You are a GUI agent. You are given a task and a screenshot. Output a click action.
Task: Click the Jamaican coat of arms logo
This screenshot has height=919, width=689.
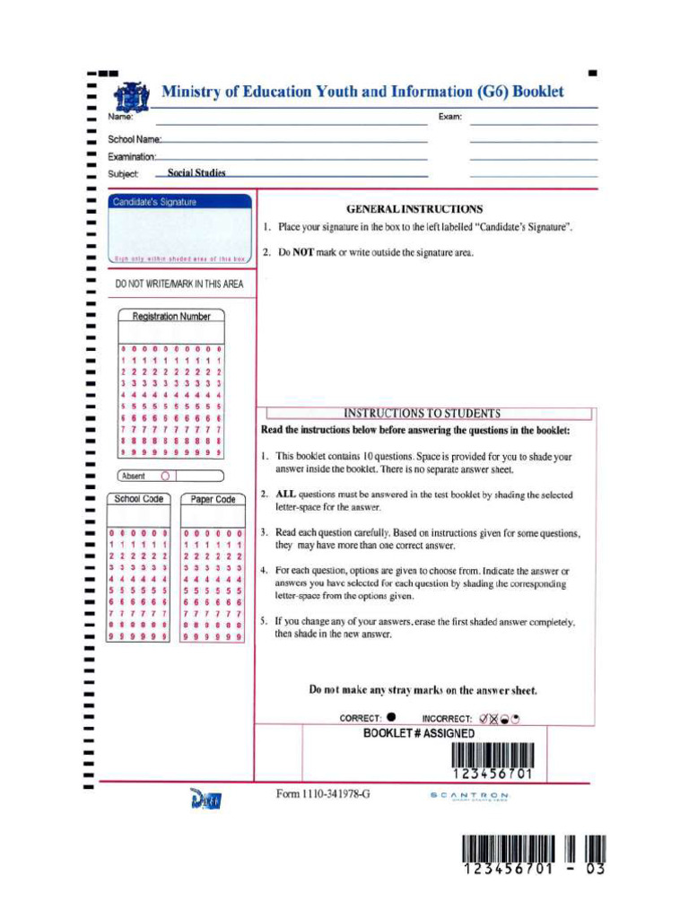128,95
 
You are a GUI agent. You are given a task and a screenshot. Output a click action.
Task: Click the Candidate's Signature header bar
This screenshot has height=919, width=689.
179,202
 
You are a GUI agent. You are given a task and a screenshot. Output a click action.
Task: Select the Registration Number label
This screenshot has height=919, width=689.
171,317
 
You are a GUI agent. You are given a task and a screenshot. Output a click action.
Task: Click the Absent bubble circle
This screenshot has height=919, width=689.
165,476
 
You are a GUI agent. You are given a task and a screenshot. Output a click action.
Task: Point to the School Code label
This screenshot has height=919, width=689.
139,499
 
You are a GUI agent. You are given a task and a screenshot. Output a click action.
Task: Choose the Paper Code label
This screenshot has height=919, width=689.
214,500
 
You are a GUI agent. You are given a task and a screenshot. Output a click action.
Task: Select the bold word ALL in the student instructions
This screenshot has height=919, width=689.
285,494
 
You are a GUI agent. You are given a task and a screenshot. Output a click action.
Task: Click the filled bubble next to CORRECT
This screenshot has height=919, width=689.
391,717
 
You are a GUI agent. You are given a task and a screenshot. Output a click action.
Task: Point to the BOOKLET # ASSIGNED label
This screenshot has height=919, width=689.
419,733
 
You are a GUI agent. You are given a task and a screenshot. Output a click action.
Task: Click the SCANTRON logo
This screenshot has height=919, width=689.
469,796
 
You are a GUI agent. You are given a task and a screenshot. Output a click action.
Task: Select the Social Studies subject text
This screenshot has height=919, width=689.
196,173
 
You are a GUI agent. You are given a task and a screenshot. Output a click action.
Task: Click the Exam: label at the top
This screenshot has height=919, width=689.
449,118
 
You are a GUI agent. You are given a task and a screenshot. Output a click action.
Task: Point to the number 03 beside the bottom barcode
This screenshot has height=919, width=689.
596,870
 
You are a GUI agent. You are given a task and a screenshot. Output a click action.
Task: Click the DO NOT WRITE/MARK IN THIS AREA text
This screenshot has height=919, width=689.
179,284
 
